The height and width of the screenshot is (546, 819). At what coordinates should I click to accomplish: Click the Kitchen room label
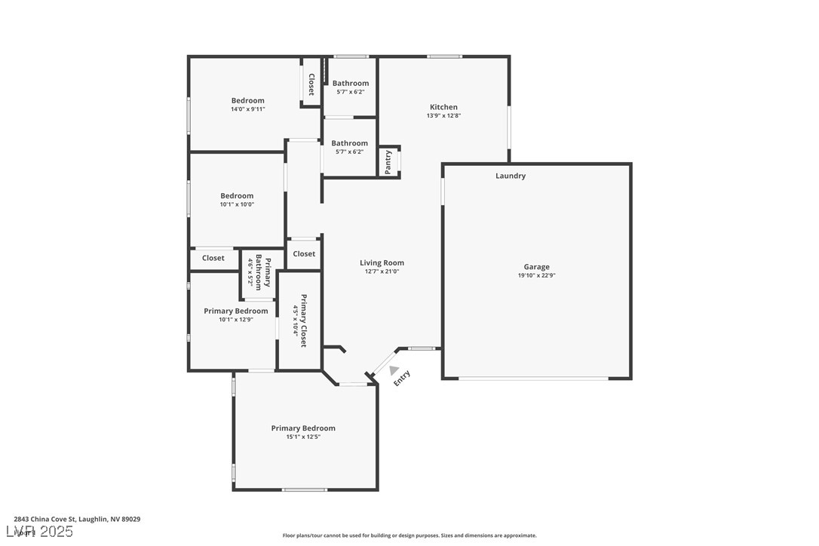tap(443, 107)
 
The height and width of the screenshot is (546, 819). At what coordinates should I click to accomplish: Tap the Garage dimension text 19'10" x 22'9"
tap(536, 275)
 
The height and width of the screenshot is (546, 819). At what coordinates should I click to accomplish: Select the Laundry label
tap(511, 176)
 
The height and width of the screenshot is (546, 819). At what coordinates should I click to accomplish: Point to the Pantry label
tap(388, 161)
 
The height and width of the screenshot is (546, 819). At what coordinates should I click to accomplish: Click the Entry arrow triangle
tap(394, 369)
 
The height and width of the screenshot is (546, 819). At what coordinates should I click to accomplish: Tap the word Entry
tap(402, 378)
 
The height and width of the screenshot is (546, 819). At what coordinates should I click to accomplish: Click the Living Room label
tap(382, 263)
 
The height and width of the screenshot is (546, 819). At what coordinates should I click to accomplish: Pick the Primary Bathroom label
tap(262, 272)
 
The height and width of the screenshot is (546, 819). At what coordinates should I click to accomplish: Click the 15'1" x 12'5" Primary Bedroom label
tap(303, 428)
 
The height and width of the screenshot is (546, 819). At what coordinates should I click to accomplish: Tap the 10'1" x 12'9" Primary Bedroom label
tap(235, 311)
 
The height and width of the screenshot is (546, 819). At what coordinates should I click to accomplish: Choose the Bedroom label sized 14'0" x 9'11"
tap(247, 100)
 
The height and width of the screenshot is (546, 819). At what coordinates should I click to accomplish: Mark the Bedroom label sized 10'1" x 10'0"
tap(237, 196)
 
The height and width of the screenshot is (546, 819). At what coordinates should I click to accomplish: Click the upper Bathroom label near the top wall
tap(351, 83)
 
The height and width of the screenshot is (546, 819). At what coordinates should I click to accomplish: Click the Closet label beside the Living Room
tap(304, 253)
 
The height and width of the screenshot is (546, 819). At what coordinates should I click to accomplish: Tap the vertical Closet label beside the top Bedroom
tap(311, 84)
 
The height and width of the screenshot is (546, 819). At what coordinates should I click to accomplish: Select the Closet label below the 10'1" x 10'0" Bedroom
tap(213, 258)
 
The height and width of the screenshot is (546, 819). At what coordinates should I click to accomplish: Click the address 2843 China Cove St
tap(77, 519)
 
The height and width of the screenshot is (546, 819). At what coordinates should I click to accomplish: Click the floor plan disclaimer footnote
tap(409, 535)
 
